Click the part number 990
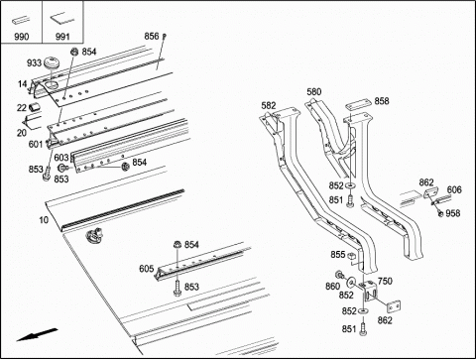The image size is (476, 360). point(21,36)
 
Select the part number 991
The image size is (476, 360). point(62,36)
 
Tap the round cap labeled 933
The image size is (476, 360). point(52,62)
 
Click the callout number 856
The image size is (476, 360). point(152,36)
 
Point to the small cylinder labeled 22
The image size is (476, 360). point(35,107)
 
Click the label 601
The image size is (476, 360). point(36,144)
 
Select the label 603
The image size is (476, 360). point(61,158)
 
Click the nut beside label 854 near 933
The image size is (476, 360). point(74,52)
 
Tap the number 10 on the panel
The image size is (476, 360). point(44,220)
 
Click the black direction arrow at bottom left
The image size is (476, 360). point(37,334)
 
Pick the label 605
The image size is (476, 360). point(147,269)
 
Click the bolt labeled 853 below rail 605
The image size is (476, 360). point(178,288)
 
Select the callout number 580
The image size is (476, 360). point(313,91)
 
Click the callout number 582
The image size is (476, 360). point(269,105)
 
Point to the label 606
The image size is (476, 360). point(454,189)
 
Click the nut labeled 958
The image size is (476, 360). point(440,214)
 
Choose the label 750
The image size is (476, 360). point(385,281)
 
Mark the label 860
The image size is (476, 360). point(332,286)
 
